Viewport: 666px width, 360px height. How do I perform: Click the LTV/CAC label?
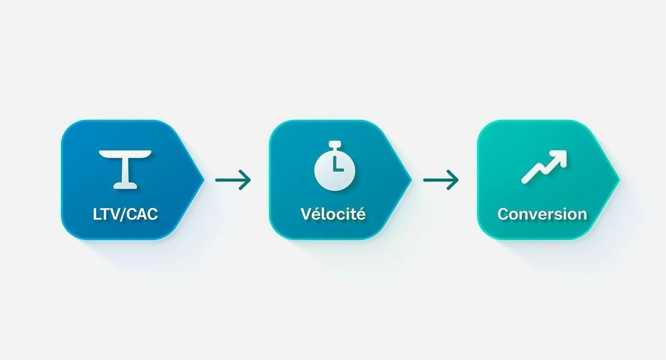tap(125, 214)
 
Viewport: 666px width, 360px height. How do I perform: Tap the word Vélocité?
tap(333, 214)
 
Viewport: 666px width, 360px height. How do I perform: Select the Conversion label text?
tap(542, 214)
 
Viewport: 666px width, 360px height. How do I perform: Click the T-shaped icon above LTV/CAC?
tap(125, 169)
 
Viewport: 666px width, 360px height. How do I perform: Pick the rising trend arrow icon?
tap(544, 167)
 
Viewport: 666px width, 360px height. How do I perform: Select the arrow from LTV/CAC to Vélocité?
tap(233, 180)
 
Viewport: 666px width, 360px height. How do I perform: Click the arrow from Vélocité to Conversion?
tap(441, 180)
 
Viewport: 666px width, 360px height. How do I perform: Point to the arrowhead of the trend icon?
tap(559, 157)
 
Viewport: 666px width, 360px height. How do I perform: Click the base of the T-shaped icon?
tap(125, 186)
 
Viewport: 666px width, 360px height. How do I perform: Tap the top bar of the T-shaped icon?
tap(125, 154)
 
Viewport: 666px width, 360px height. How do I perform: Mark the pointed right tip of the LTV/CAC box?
tap(204, 180)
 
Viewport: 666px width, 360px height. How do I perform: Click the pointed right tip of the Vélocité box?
tap(412, 180)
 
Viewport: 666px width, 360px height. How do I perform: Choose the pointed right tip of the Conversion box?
tap(620, 180)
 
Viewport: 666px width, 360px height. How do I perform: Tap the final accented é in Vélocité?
tap(361, 214)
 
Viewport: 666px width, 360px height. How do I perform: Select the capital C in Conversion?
tap(503, 214)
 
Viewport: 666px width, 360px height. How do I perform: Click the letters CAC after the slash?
tap(142, 214)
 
